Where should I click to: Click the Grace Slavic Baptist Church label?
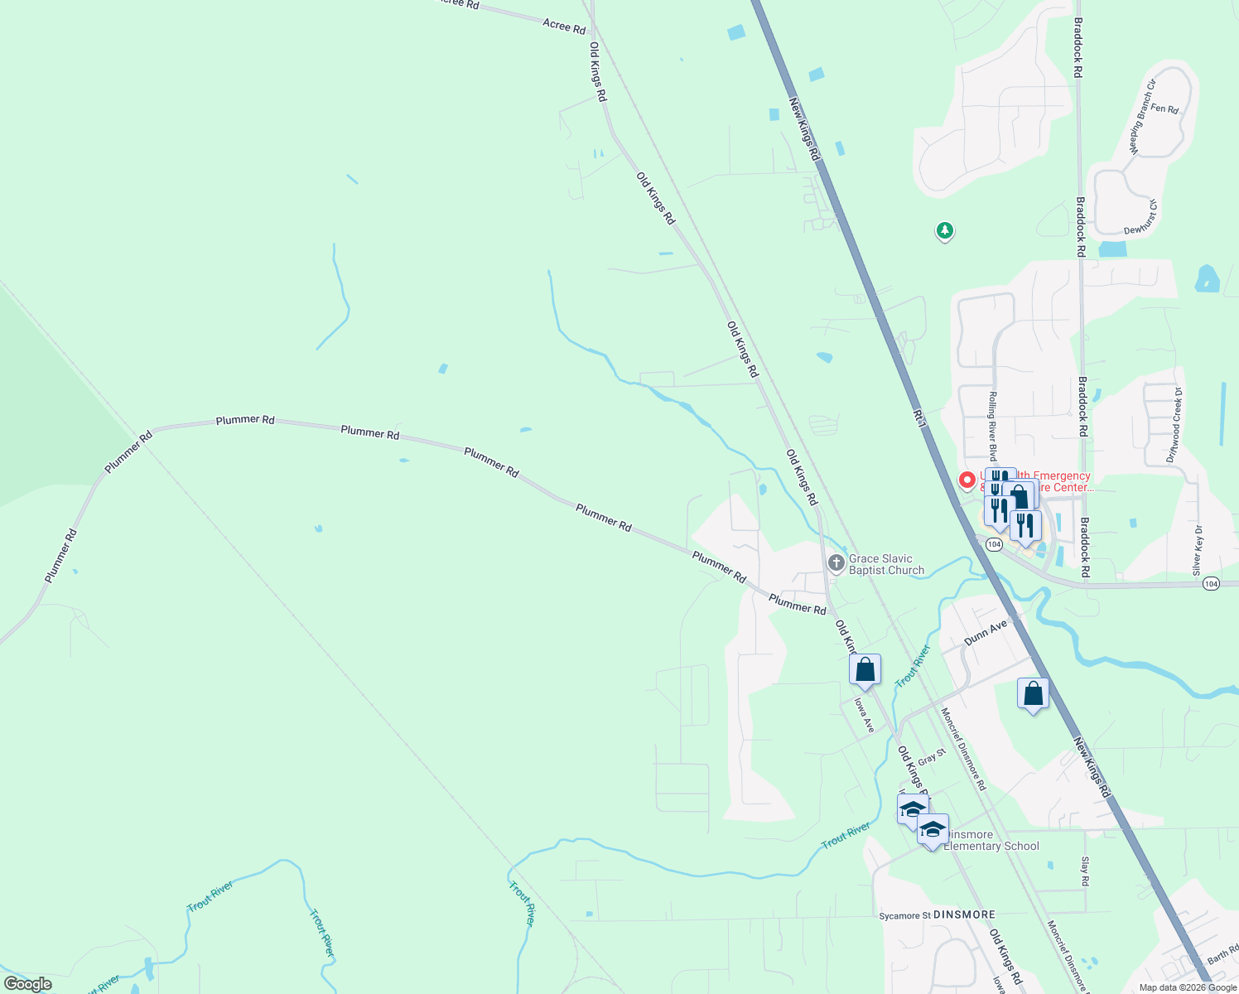(886, 564)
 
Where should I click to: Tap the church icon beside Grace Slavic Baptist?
(836, 563)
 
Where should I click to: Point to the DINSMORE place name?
(964, 915)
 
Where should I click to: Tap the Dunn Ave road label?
(986, 633)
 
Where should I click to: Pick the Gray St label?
(931, 757)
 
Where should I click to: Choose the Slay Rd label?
(1085, 871)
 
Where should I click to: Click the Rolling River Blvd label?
(992, 426)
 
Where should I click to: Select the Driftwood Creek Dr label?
(1174, 425)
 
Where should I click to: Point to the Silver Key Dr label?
(1198, 550)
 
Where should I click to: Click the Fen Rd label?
(1164, 109)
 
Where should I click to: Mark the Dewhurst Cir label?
(1141, 217)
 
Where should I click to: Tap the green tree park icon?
(945, 230)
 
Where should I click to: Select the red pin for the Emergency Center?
(966, 480)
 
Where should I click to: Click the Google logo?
(28, 984)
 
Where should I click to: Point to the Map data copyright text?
(1188, 987)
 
